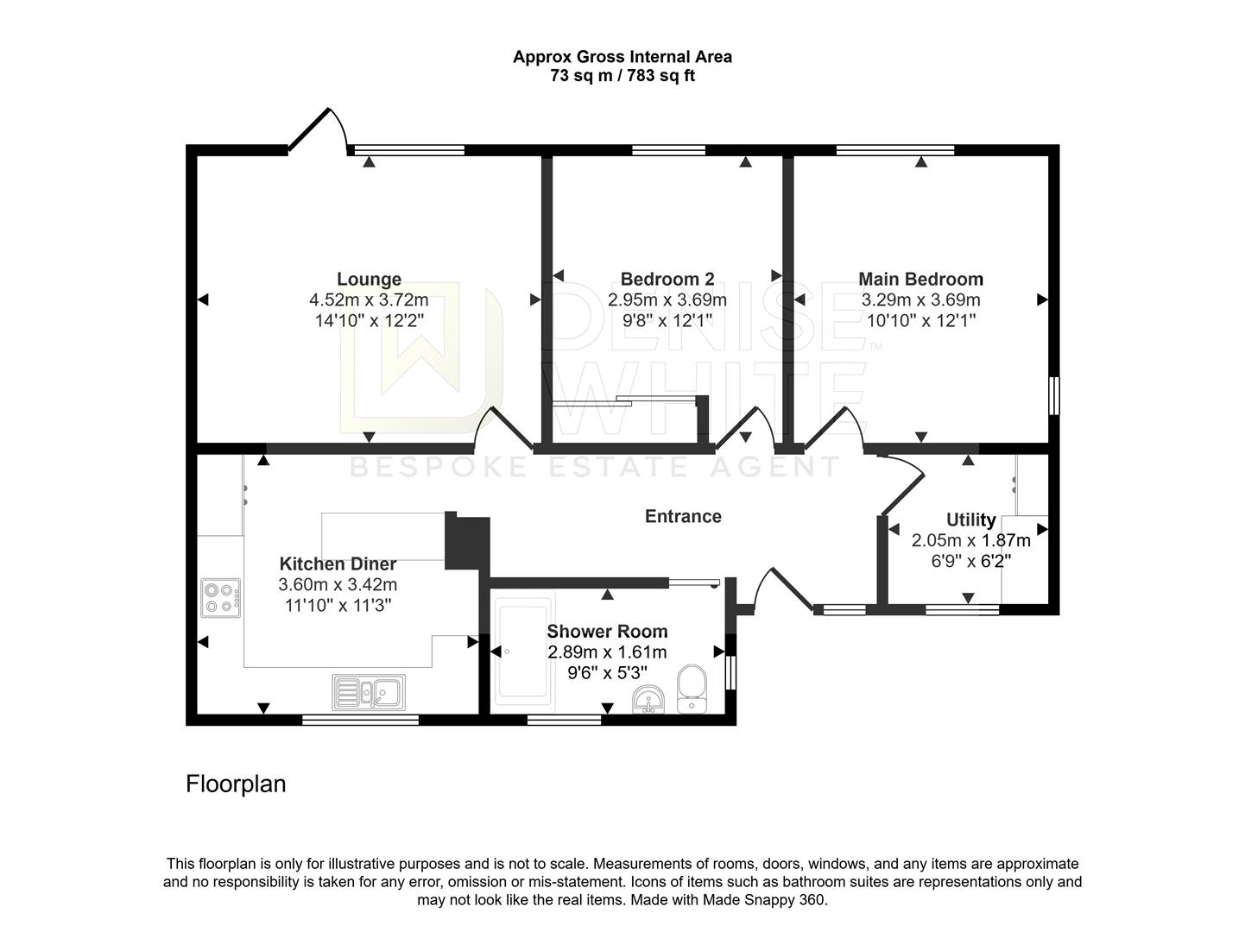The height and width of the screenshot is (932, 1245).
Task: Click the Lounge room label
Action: (369, 279)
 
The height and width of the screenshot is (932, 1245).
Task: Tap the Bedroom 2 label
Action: (667, 279)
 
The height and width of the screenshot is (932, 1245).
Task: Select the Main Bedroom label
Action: (920, 279)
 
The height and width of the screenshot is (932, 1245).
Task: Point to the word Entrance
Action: (683, 516)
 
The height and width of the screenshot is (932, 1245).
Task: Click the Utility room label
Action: (970, 520)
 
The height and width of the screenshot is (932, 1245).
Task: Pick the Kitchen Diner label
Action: (338, 564)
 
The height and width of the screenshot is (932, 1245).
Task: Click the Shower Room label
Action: (607, 632)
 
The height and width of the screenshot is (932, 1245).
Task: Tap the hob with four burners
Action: (220, 598)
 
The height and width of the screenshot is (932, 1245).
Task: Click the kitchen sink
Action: (369, 691)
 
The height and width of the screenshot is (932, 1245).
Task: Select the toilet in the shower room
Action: (692, 689)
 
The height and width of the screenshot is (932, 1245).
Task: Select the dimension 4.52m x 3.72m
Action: (369, 299)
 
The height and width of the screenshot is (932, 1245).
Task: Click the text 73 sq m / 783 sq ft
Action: (622, 75)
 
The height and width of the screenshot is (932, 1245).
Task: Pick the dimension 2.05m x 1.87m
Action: (970, 540)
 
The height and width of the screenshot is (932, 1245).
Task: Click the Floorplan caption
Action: (236, 784)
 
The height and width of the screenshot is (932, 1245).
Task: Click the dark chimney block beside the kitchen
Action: (467, 542)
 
